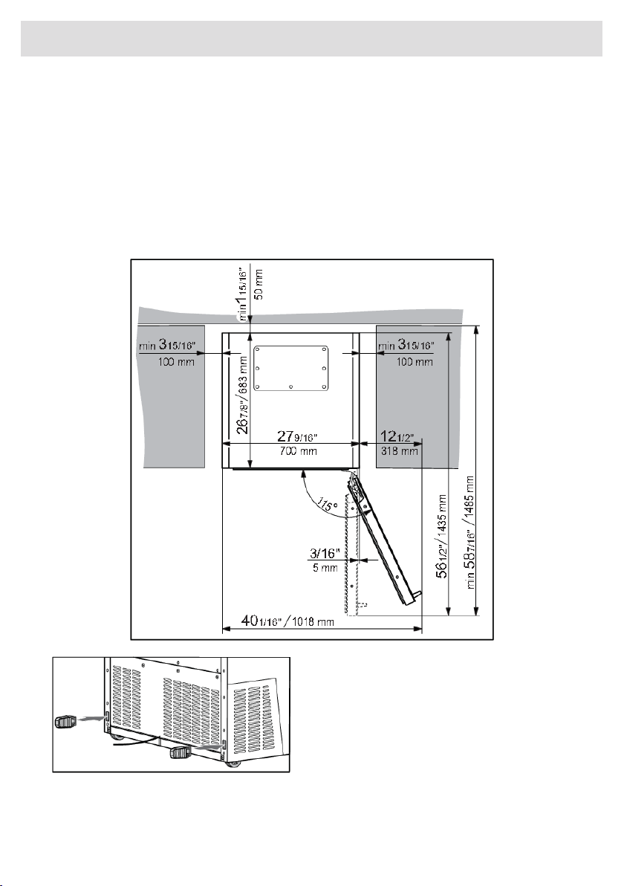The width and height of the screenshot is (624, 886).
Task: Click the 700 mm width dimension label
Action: point(299,451)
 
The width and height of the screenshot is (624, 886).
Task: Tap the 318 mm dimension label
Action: point(400,451)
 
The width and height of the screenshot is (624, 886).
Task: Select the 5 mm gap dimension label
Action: point(325,568)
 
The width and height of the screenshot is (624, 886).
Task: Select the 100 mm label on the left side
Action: point(176,362)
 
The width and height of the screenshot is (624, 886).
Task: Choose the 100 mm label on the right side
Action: point(415,362)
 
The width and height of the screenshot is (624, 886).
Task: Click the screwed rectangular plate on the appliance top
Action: point(290,369)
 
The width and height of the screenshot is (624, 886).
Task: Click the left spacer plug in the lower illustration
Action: point(65,722)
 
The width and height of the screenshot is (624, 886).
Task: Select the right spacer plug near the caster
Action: point(181,753)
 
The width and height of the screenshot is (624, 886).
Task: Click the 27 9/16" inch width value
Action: point(298,437)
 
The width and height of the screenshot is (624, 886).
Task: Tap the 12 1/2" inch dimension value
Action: point(398,437)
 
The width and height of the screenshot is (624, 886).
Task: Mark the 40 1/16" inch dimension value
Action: point(262,621)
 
